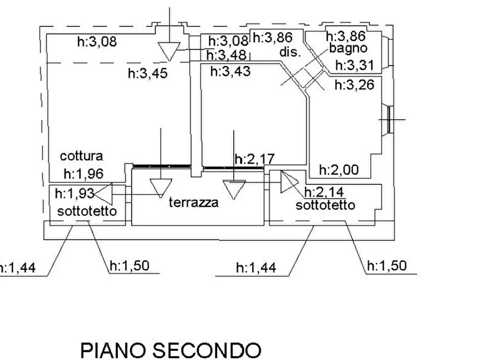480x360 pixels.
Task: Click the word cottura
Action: (x=81, y=156)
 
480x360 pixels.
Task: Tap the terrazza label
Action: (x=194, y=203)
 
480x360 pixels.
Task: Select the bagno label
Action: (x=348, y=48)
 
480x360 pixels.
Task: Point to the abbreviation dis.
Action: (x=290, y=52)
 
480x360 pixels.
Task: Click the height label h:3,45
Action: (x=148, y=74)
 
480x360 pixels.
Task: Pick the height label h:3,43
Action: (x=231, y=71)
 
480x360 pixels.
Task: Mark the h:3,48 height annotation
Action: (x=226, y=55)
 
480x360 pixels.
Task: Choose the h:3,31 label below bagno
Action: (x=355, y=66)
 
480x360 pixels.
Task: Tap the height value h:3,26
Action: (x=354, y=85)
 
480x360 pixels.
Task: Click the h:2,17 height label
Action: (x=255, y=159)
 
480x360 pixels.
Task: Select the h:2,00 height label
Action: (x=339, y=170)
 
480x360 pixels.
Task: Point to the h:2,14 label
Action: (x=324, y=192)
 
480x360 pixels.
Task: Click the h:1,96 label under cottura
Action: (x=83, y=174)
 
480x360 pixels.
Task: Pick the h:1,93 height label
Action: (x=74, y=193)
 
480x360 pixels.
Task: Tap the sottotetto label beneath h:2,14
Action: (x=325, y=205)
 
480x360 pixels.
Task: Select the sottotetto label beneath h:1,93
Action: (x=87, y=211)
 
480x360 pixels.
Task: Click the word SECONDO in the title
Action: (x=207, y=351)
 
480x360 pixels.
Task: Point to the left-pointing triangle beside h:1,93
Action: (x=103, y=194)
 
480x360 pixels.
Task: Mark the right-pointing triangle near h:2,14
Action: (x=289, y=182)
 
